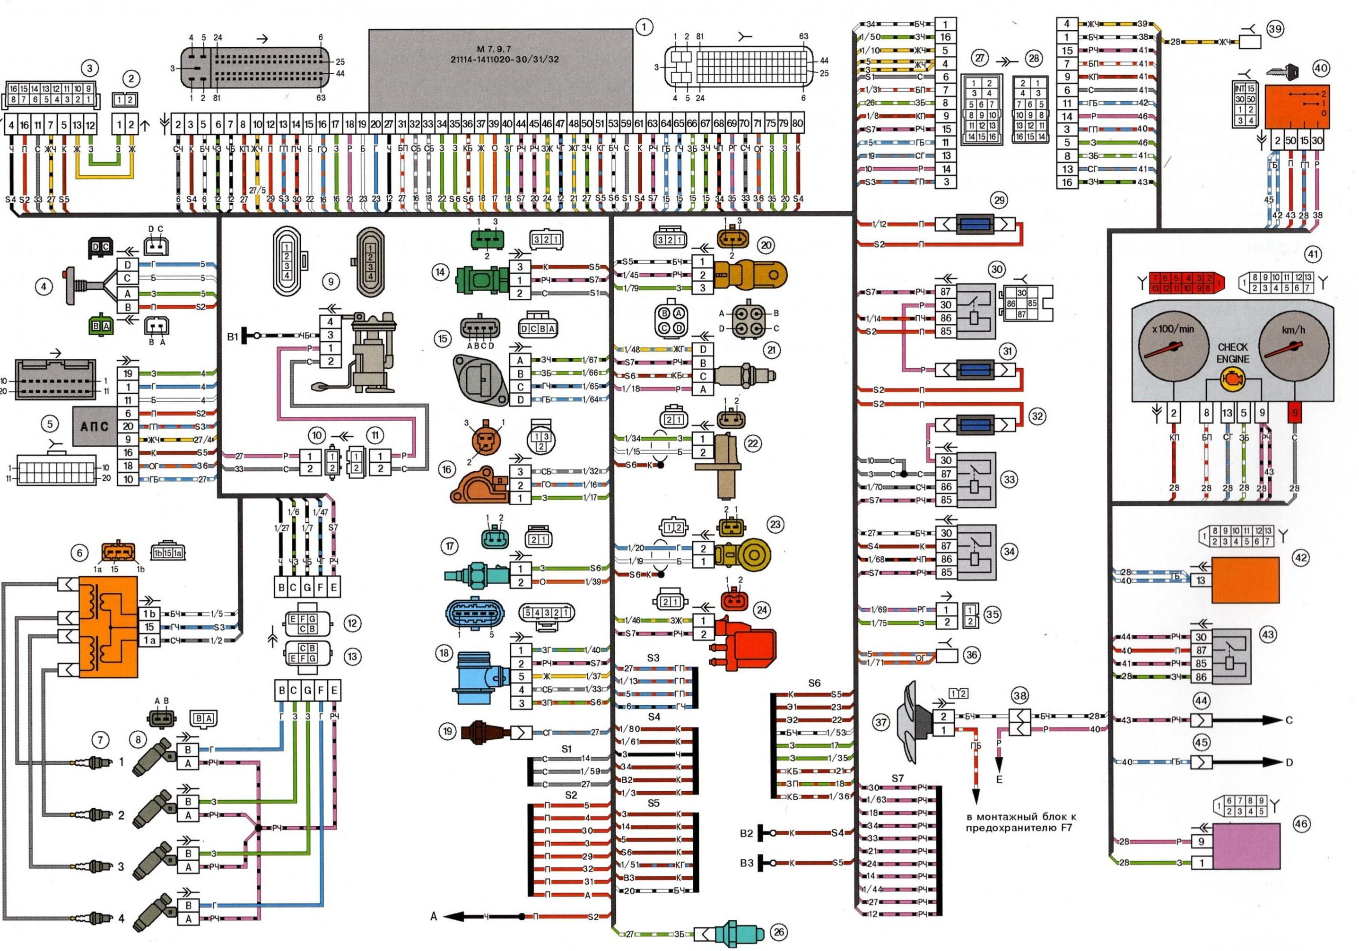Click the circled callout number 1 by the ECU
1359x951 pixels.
(x=644, y=26)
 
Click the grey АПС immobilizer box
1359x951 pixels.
(x=94, y=425)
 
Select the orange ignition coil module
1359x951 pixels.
(x=108, y=627)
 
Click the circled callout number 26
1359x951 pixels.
(x=778, y=933)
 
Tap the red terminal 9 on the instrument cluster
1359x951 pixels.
(x=1295, y=413)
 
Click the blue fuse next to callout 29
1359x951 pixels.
(x=975, y=225)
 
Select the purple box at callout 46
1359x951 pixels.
(x=1246, y=846)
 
